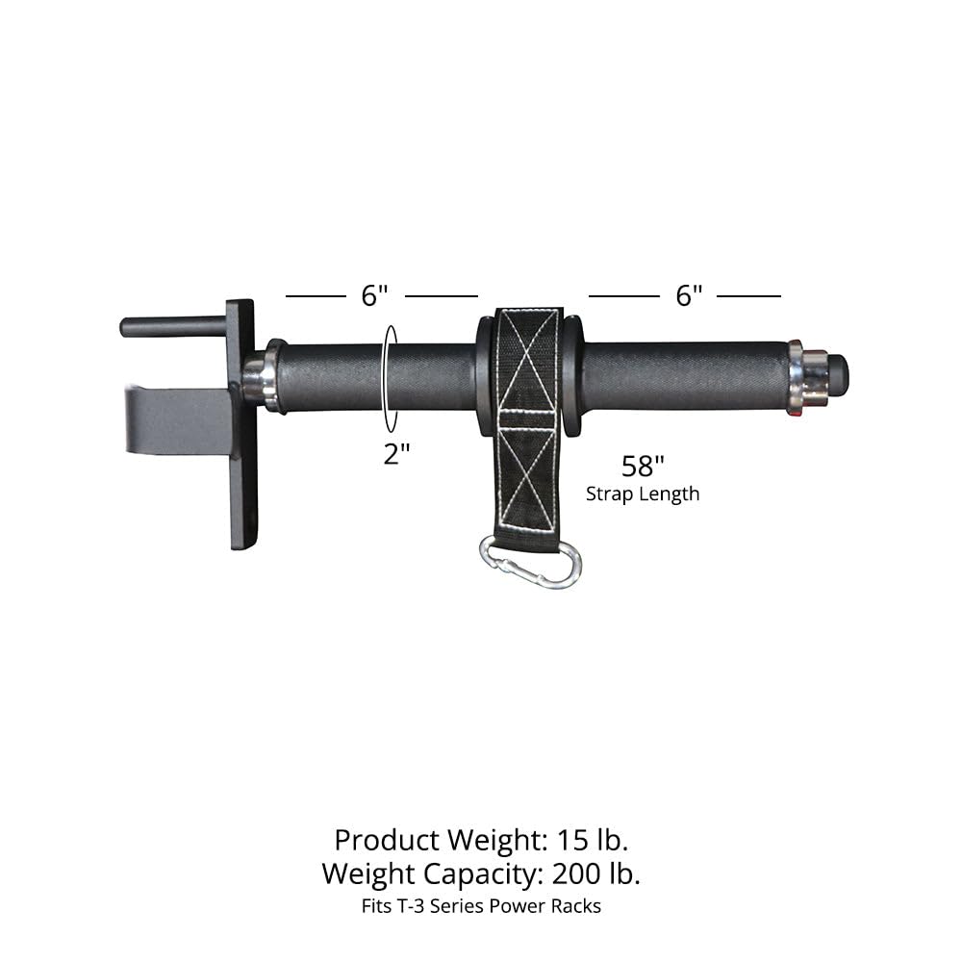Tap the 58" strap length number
(x=644, y=468)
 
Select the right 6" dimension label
(x=688, y=296)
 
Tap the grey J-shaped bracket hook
(x=173, y=414)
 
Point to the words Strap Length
(x=643, y=494)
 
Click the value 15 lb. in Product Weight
(x=593, y=840)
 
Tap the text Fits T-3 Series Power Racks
(x=481, y=906)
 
